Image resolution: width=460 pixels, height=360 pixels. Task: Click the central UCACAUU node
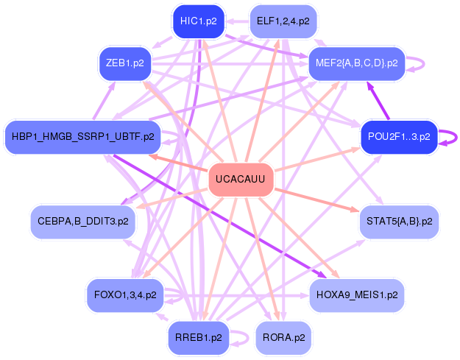[x=241, y=180]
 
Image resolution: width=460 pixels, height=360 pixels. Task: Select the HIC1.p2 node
[x=198, y=21]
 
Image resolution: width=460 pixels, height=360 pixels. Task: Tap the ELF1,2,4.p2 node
[x=283, y=21]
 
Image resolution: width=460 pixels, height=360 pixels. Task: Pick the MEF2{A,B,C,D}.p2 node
[x=356, y=63]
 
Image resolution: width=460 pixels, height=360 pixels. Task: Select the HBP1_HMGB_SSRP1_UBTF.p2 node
[x=82, y=136]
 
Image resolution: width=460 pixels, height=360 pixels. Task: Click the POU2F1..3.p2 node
[x=399, y=136]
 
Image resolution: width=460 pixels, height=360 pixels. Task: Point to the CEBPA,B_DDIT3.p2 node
[x=82, y=221]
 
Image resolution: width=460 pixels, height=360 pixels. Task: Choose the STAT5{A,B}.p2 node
[x=399, y=221]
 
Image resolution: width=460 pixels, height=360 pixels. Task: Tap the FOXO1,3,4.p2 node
[x=125, y=294]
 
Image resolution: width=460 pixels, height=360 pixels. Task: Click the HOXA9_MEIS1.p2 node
[x=356, y=294]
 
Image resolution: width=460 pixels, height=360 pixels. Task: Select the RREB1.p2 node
[x=198, y=338]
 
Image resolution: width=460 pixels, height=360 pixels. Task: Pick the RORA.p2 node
[x=283, y=338]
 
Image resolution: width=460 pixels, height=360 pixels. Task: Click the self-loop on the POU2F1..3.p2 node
[x=451, y=136]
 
